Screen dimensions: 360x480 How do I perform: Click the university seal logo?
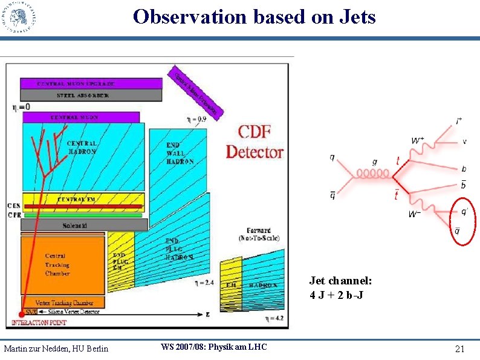point(19,17)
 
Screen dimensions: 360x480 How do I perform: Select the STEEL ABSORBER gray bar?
point(91,96)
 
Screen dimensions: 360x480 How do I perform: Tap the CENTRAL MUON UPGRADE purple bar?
point(91,83)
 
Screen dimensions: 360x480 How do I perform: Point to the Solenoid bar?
point(84,225)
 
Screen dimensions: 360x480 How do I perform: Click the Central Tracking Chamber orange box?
point(57,264)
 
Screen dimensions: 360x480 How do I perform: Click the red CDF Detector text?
point(254,142)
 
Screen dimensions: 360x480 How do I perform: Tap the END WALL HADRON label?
point(180,154)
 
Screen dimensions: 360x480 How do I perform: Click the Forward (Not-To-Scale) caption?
point(263,234)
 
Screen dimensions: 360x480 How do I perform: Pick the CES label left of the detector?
point(14,205)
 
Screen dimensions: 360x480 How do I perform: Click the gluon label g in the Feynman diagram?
point(375,162)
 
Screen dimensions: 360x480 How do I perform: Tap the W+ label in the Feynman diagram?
point(418,140)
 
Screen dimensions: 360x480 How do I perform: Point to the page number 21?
point(459,349)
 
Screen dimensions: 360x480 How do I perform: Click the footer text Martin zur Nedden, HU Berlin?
point(56,349)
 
